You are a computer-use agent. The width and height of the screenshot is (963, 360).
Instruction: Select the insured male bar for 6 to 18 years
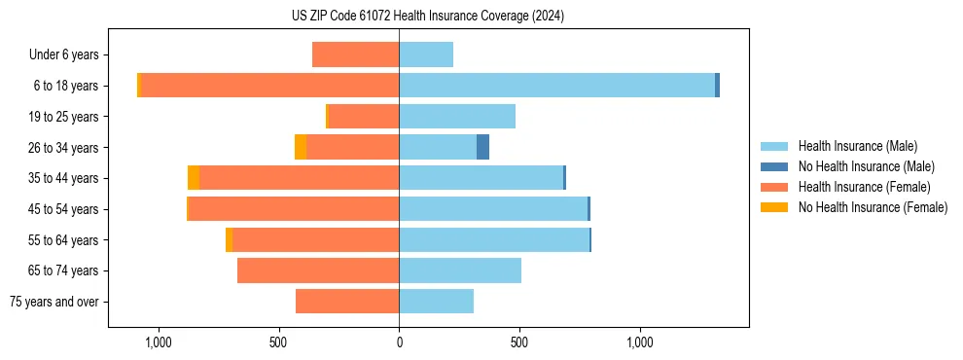point(556,86)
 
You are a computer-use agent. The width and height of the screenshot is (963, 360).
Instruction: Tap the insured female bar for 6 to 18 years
point(269,86)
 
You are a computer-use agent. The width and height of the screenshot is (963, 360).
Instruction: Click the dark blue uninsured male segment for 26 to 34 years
point(482,147)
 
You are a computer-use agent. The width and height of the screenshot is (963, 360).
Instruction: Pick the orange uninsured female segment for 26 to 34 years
point(301,147)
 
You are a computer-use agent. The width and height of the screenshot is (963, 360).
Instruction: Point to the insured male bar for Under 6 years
point(426,54)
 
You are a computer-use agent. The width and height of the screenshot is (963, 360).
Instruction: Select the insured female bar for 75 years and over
point(347,302)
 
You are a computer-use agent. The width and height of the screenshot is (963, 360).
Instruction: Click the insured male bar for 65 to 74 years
point(460,270)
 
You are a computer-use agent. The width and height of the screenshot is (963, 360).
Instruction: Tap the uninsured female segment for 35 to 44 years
point(194,178)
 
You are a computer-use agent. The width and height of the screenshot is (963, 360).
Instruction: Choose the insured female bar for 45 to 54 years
point(294,209)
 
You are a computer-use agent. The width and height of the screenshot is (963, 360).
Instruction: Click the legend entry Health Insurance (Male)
point(857,146)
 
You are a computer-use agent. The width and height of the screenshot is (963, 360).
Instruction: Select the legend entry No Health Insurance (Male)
point(864,166)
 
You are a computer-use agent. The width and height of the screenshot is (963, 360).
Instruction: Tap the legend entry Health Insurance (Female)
point(863,187)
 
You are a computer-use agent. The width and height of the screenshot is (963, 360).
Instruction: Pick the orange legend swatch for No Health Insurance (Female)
point(775,207)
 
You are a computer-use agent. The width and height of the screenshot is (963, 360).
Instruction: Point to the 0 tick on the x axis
point(399,342)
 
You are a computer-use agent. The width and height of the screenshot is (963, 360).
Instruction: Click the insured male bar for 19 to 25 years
point(457,117)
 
